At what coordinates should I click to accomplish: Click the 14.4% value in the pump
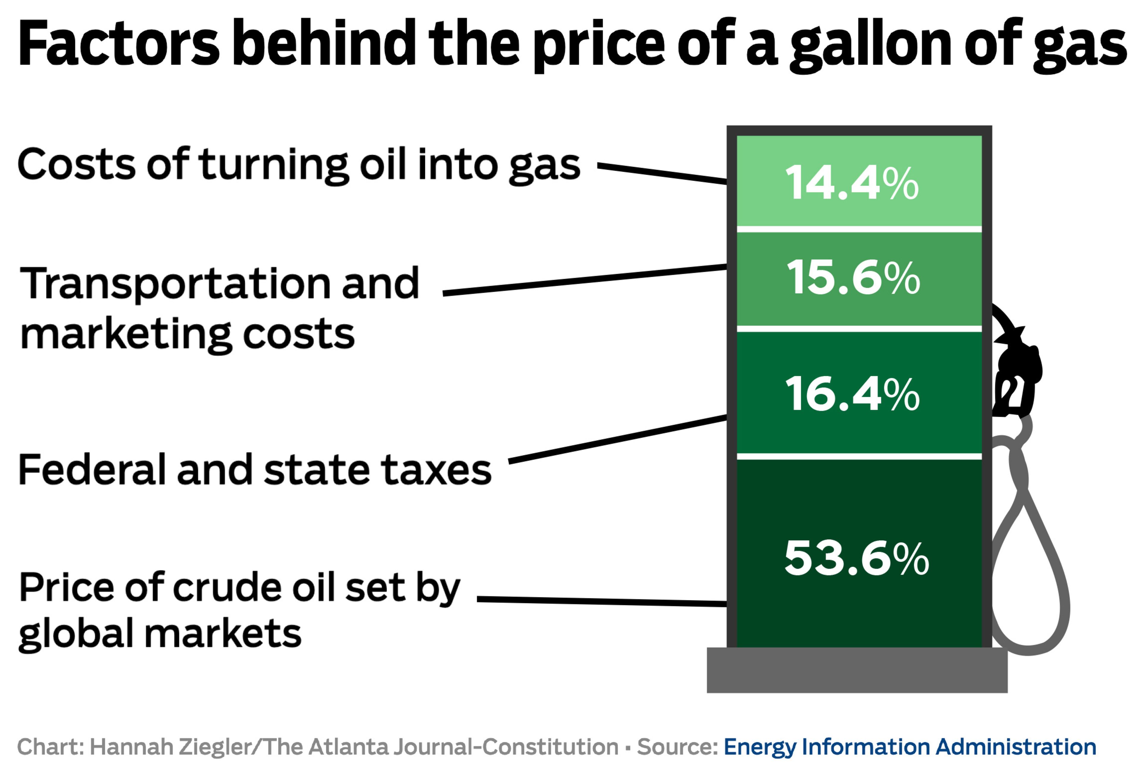point(851,183)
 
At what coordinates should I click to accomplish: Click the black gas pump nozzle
point(1016,374)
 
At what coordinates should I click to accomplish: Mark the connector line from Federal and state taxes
point(617,439)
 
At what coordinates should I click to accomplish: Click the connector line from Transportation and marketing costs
point(585,280)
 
